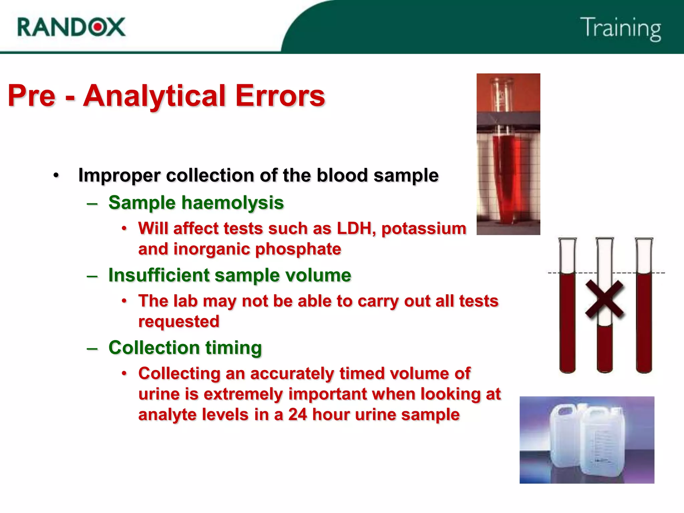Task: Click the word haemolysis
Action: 232,203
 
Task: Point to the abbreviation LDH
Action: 356,229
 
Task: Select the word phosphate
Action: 298,249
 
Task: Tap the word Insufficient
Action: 159,275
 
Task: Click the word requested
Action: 179,322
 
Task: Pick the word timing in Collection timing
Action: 233,348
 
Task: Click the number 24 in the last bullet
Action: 297,414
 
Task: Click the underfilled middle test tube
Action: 605,347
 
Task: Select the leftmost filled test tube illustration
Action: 567,321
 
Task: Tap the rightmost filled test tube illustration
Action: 644,321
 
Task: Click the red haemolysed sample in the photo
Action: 506,177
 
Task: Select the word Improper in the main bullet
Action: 119,176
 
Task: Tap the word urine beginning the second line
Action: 159,394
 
